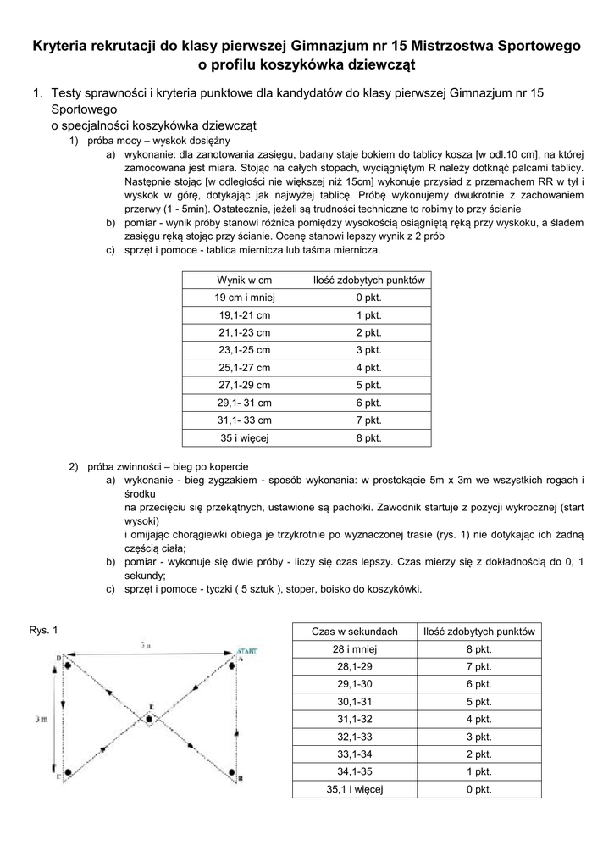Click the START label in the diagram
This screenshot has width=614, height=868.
click(246, 650)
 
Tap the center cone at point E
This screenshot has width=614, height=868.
click(149, 719)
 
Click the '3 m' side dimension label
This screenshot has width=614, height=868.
click(41, 718)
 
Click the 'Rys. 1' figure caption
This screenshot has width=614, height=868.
click(43, 630)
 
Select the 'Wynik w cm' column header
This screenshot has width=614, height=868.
click(244, 280)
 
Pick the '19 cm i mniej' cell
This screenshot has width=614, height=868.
click(244, 298)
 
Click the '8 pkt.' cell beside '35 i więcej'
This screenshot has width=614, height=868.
click(368, 438)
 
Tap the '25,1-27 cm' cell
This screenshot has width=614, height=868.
click(244, 368)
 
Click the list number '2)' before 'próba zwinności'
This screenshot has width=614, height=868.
click(74, 467)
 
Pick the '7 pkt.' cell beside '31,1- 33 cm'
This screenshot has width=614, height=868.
click(368, 420)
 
